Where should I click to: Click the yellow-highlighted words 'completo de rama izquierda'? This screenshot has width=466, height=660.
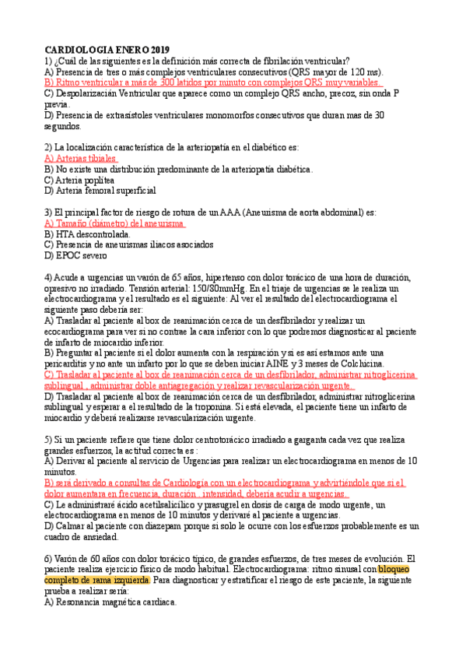coord(96,580)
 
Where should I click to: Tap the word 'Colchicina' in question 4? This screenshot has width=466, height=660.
coord(356,363)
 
